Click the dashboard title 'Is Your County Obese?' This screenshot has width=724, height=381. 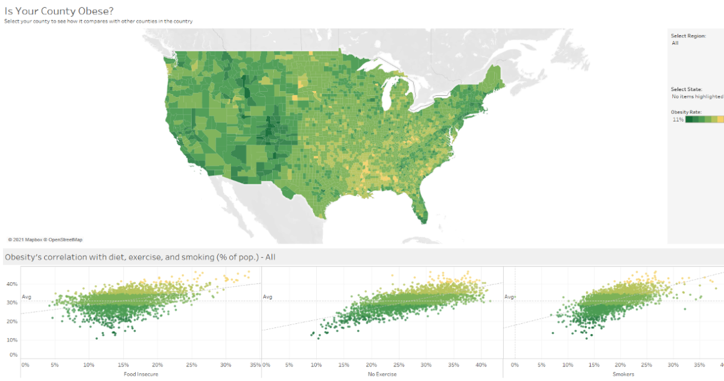click(59, 11)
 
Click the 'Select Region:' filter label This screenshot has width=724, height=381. click(688, 36)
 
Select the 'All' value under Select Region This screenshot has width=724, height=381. click(675, 43)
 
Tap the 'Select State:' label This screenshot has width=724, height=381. click(687, 89)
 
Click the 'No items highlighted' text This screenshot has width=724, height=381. click(697, 96)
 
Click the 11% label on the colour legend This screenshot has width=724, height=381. click(678, 119)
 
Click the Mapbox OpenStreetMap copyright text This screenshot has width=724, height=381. click(45, 239)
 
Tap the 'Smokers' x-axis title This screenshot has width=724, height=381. click(623, 374)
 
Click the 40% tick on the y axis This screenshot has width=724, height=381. click(12, 283)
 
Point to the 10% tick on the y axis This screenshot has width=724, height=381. click(12, 340)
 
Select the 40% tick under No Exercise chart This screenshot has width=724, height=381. click(481, 365)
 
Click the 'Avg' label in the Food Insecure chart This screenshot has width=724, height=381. click(26, 297)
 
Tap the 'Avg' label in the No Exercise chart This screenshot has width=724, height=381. click(267, 297)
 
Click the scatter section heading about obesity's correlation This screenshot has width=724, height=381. click(140, 257)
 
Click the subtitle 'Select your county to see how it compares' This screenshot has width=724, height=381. click(98, 21)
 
